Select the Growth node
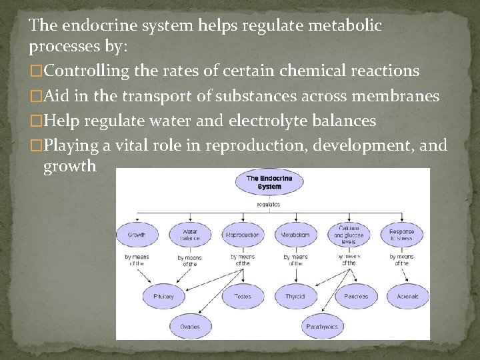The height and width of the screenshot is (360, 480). click(137, 235)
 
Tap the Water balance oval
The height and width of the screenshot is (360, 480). click(190, 235)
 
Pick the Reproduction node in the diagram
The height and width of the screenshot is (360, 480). click(243, 235)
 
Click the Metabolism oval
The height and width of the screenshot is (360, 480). click(295, 235)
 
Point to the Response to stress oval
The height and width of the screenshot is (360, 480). click(401, 235)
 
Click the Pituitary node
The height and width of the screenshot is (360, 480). click(163, 295)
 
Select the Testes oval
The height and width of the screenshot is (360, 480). click(243, 295)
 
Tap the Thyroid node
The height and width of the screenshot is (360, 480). click(295, 295)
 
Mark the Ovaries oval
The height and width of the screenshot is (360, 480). click(190, 327)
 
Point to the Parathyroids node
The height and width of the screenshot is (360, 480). click(322, 327)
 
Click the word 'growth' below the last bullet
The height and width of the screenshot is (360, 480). click(70, 167)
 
